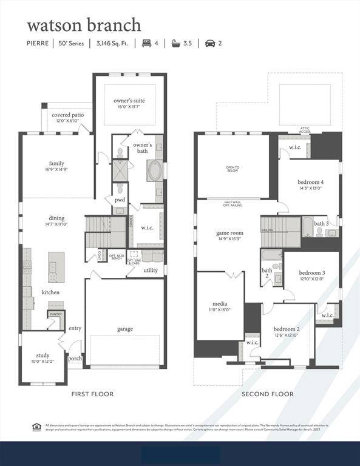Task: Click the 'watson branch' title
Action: coord(84,25)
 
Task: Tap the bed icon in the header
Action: coord(146,43)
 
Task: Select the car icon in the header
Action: coord(210,43)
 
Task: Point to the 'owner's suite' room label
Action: coord(129,100)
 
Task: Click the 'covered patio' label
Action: coord(67,115)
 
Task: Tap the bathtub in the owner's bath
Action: coord(154,171)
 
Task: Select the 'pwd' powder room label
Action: coord(120,200)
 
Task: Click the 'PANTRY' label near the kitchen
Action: coord(56,314)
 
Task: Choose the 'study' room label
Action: coord(42,356)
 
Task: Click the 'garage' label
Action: coord(125,329)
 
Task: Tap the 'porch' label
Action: coord(75,358)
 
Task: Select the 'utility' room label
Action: coord(151,270)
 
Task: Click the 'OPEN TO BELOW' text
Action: coord(233,169)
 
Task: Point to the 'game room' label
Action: coord(229,232)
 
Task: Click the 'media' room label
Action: coord(219,303)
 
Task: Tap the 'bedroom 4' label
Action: coord(310,182)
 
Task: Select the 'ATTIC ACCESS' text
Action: coord(305,130)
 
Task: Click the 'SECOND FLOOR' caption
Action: coord(267,394)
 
